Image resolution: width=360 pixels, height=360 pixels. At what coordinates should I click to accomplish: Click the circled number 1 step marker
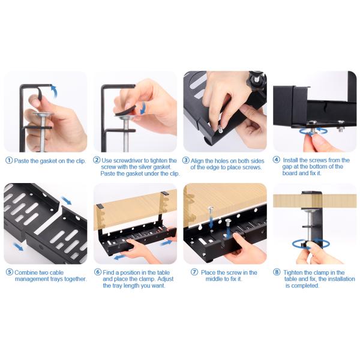click(9, 160)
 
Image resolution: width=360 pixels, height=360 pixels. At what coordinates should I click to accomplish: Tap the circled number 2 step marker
click(97, 160)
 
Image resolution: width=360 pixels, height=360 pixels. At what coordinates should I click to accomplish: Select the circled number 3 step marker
click(186, 160)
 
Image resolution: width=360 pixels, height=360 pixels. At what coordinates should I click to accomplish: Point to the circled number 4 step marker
click(277, 160)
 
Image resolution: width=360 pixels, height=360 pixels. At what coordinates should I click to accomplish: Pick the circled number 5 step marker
click(10, 272)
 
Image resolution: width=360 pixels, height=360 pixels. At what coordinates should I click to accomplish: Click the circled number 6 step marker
click(98, 272)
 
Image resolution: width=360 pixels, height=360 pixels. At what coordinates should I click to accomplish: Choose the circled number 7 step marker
click(194, 272)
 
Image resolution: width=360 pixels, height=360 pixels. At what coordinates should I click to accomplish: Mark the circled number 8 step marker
click(277, 272)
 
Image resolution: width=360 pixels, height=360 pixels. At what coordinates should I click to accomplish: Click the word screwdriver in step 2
click(128, 160)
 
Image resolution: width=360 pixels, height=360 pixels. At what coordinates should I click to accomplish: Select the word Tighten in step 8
click(293, 272)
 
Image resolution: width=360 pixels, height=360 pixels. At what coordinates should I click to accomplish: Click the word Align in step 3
click(197, 161)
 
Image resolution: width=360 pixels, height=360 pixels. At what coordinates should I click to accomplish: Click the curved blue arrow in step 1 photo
click(55, 90)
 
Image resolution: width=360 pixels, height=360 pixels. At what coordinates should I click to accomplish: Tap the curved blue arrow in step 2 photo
click(144, 108)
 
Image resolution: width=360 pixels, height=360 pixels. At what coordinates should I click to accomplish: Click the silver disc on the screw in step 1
click(43, 114)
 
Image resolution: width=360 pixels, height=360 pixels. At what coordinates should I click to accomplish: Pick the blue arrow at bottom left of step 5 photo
click(17, 247)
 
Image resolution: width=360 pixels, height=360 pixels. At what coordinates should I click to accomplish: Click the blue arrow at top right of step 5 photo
click(67, 200)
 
